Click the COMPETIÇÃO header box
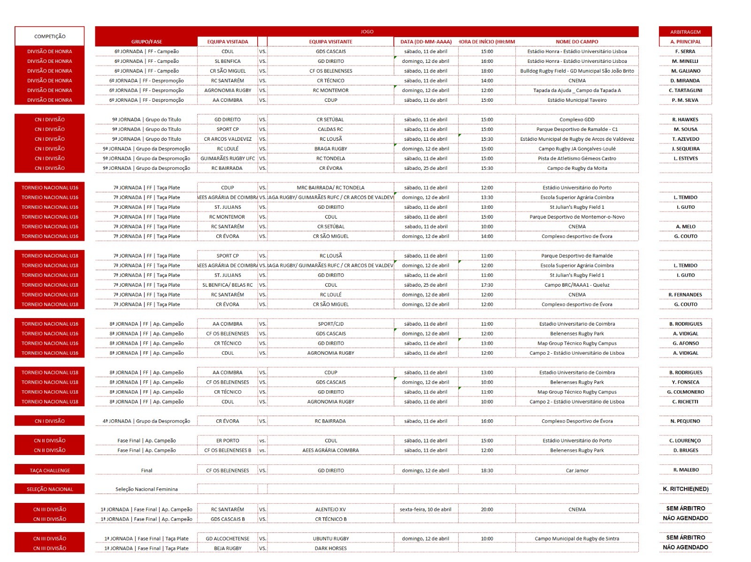point(50,36)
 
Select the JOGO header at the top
point(367,31)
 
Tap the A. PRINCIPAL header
point(685,42)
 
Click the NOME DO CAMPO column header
point(577,42)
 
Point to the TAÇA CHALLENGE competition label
point(50,470)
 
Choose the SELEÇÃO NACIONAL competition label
point(50,489)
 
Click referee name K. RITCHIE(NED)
point(685,489)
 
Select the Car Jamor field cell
point(577,470)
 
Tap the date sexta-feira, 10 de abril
point(425,509)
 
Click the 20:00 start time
point(487,509)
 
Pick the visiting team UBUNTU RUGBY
point(331,539)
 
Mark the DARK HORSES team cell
point(331,548)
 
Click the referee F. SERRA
point(685,52)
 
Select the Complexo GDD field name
point(577,120)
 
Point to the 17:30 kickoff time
point(487,285)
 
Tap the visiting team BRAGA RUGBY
point(331,149)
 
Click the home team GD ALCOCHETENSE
point(228,539)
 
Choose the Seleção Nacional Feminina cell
point(146,489)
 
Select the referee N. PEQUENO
point(685,421)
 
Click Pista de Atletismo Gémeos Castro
point(577,159)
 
